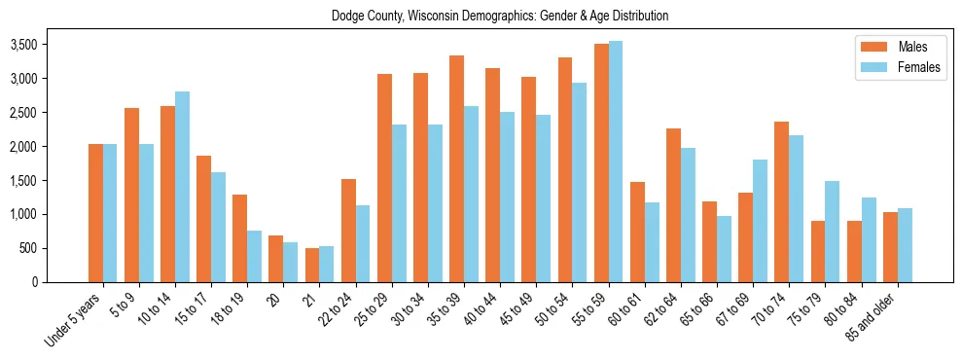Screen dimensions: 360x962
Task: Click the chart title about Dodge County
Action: (500, 17)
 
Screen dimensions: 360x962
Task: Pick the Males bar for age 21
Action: (311, 265)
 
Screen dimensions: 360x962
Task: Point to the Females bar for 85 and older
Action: (905, 244)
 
